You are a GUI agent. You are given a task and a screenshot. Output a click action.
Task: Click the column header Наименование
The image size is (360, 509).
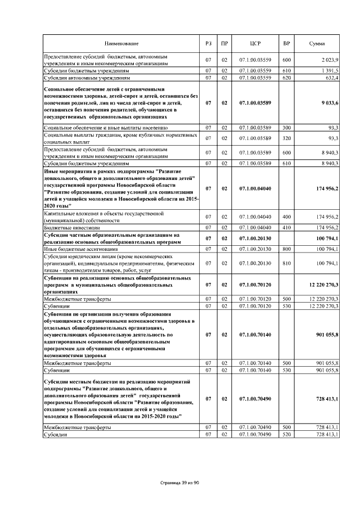point(121,44)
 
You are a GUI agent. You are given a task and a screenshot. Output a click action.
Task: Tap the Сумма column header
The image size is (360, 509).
point(317,44)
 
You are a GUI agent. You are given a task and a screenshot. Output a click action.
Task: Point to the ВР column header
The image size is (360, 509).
point(286,44)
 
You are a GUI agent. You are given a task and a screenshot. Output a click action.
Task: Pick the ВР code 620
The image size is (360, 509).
point(286,78)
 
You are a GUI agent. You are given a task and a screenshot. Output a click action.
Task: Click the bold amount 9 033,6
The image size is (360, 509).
point(326,103)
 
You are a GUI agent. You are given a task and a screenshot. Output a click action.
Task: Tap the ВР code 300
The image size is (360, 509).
point(286,128)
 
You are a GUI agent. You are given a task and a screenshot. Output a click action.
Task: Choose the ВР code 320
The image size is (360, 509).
point(286,138)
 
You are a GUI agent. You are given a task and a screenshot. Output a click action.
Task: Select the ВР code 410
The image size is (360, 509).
point(286,228)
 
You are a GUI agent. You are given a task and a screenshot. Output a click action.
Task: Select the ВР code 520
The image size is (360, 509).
point(286,435)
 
